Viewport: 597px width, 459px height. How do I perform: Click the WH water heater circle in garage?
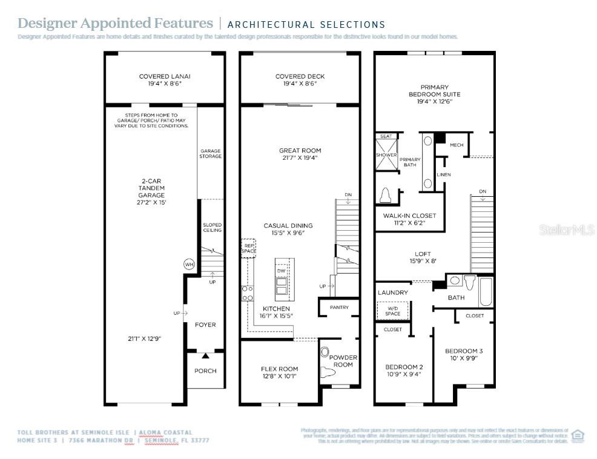(189, 265)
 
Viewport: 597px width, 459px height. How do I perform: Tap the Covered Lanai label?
(160, 77)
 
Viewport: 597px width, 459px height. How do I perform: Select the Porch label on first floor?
(205, 371)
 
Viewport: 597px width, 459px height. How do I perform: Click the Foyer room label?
(205, 325)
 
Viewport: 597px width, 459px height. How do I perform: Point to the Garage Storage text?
(211, 153)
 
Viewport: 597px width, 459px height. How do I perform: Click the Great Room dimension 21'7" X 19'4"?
(300, 158)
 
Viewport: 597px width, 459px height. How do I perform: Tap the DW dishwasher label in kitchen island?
(281, 271)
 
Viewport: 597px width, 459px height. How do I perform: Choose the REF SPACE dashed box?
(249, 248)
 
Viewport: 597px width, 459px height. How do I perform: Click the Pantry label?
(339, 308)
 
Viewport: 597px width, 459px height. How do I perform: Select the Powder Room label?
(343, 361)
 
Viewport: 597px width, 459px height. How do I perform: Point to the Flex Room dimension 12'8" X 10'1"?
(280, 376)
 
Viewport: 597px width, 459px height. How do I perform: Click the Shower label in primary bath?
(386, 155)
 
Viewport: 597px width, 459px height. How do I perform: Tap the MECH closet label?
(457, 145)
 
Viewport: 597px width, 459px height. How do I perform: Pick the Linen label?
(443, 175)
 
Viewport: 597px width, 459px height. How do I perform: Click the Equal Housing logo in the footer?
(578, 435)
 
